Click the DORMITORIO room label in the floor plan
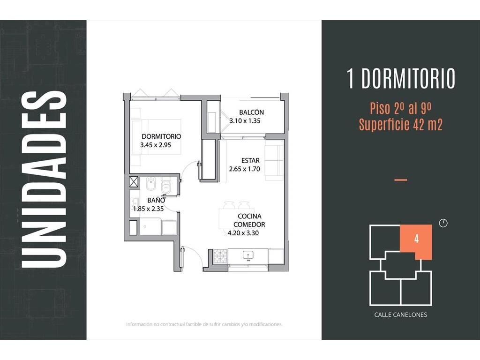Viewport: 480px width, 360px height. point(161,136)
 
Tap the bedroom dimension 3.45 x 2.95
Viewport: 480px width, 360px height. point(156,145)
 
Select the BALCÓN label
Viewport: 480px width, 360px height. point(251,112)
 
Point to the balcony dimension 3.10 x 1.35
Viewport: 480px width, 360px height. point(245,121)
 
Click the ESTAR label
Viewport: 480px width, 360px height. point(250,160)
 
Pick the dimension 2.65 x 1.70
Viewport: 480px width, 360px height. point(244,169)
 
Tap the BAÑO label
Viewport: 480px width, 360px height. point(156,200)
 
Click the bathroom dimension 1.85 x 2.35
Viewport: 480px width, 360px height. point(149,209)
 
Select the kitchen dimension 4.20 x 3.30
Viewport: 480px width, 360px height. point(243,233)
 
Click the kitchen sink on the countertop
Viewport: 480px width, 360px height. point(248,255)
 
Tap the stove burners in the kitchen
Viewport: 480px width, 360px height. point(220,256)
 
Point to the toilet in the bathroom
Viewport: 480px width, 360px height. point(165,185)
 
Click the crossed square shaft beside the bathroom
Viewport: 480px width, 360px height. point(134,181)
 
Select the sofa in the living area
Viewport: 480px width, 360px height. point(274,163)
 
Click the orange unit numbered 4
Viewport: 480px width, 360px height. point(416,242)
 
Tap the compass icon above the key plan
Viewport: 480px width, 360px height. point(443,223)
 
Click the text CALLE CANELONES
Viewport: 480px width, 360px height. point(400,315)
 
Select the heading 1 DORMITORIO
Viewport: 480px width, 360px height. point(401,79)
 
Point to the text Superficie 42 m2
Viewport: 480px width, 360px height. point(401,125)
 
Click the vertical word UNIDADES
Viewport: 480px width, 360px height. point(44,180)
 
